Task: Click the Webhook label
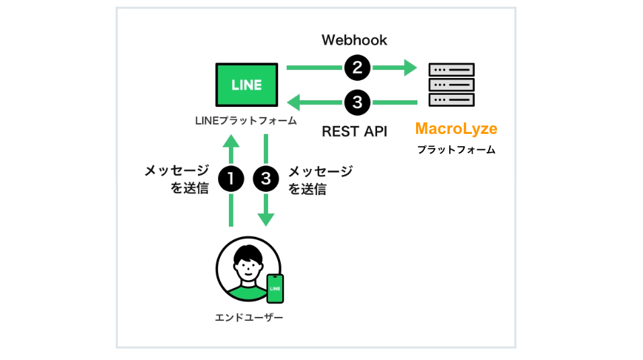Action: (x=354, y=40)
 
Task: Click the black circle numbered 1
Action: (x=231, y=178)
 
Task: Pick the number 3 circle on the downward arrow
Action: (x=266, y=178)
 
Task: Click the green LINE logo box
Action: (x=246, y=85)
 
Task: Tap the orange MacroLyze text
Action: (x=456, y=128)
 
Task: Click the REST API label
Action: (x=354, y=131)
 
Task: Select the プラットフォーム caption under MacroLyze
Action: (x=456, y=150)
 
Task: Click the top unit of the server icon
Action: (x=452, y=69)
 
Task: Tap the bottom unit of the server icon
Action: (x=452, y=100)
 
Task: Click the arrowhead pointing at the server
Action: (x=410, y=67)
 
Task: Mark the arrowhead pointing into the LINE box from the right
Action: (x=294, y=103)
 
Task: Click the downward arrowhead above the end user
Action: (x=266, y=218)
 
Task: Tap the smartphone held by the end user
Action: (x=275, y=289)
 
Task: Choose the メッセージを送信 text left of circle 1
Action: (x=176, y=179)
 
